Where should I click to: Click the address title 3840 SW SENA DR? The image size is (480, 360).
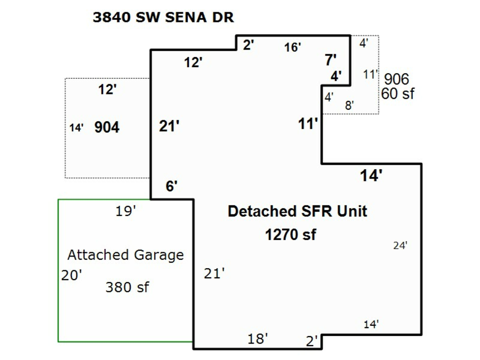(163, 17)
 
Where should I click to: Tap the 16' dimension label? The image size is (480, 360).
(292, 47)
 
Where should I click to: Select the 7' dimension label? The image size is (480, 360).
(331, 60)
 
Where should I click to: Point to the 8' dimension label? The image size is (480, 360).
(349, 106)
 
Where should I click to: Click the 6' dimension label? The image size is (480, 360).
(171, 186)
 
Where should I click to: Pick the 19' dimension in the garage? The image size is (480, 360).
(126, 212)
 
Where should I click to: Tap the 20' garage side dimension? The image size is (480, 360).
(72, 276)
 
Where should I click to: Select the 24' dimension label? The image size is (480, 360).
(400, 246)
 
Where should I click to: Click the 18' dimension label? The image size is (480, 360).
(258, 339)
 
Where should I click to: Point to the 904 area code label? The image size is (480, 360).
(107, 127)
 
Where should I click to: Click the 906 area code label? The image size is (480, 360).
(396, 79)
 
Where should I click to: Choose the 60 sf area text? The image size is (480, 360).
(397, 93)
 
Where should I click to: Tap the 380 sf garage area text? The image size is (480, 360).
(127, 287)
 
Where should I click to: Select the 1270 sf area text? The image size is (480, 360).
(290, 235)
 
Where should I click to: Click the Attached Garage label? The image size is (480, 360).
(125, 255)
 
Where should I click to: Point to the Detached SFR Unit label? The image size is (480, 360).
(297, 211)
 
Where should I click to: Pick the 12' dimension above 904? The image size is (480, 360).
(107, 90)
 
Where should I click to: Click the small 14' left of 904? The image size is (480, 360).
(76, 128)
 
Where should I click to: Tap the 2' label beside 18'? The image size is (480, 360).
(312, 341)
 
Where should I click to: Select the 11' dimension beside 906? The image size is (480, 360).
(370, 75)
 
